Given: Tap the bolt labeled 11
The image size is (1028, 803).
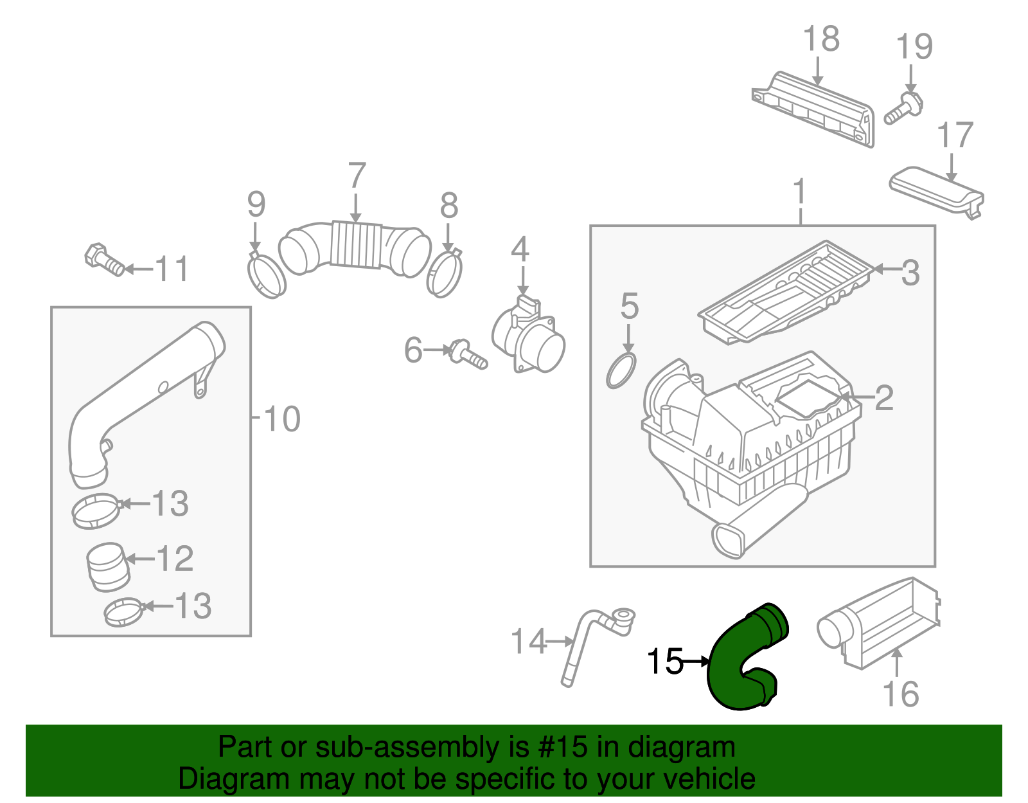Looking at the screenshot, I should pyautogui.click(x=103, y=260).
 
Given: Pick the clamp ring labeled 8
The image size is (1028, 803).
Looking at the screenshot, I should pyautogui.click(x=444, y=275).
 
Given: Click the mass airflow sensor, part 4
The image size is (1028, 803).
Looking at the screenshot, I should pyautogui.click(x=530, y=338).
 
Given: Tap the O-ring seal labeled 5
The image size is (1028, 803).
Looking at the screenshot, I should pyautogui.click(x=621, y=371).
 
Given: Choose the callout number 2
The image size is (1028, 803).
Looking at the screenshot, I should pyautogui.click(x=884, y=398).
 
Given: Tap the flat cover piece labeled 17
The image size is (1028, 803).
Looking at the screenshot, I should pyautogui.click(x=935, y=190).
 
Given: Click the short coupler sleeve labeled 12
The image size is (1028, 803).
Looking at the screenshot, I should pyautogui.click(x=107, y=566).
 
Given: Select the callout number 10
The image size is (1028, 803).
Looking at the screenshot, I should pyautogui.click(x=281, y=419).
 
